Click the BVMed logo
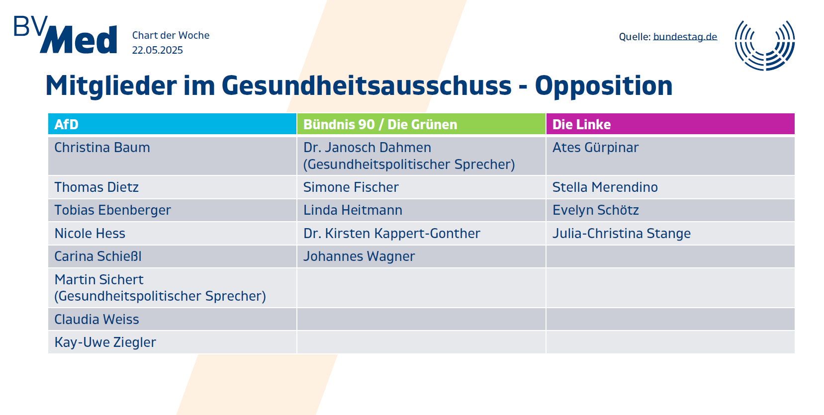[66, 35]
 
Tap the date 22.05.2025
[157, 50]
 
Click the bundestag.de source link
[685, 37]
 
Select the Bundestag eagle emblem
[765, 45]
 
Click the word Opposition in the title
[603, 85]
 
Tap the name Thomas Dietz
[96, 187]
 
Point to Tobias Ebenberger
[112, 210]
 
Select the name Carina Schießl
[98, 256]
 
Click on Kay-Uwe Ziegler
[105, 342]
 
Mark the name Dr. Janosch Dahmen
[367, 148]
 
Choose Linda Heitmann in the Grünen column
[353, 210]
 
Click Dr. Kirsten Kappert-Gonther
[391, 234]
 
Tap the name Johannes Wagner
[359, 256]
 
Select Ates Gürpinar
[595, 148]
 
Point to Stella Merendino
[605, 187]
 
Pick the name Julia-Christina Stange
[621, 234]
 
